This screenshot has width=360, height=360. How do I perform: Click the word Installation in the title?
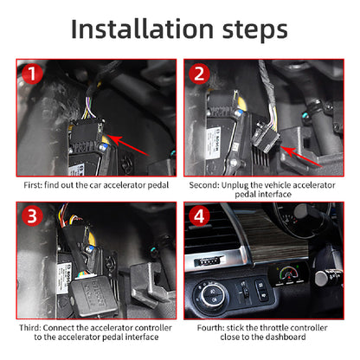142,29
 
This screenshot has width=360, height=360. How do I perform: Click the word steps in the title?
255,31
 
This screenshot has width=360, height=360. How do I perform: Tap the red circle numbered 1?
32,74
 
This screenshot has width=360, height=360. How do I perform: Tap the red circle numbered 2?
199,74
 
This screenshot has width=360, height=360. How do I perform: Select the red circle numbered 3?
32,215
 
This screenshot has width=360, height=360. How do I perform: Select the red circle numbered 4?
199,215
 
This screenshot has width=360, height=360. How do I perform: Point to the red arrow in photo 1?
128,145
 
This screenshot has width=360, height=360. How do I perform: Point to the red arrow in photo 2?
301,157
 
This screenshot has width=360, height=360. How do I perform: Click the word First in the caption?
33,185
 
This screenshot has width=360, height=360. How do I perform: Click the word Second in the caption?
204,185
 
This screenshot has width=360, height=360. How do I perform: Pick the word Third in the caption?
30,328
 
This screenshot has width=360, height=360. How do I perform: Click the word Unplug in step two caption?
235,185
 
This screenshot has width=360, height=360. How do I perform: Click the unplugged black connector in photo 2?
265,136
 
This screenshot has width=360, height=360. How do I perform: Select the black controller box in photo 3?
93,297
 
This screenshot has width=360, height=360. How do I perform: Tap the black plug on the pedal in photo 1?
87,133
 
